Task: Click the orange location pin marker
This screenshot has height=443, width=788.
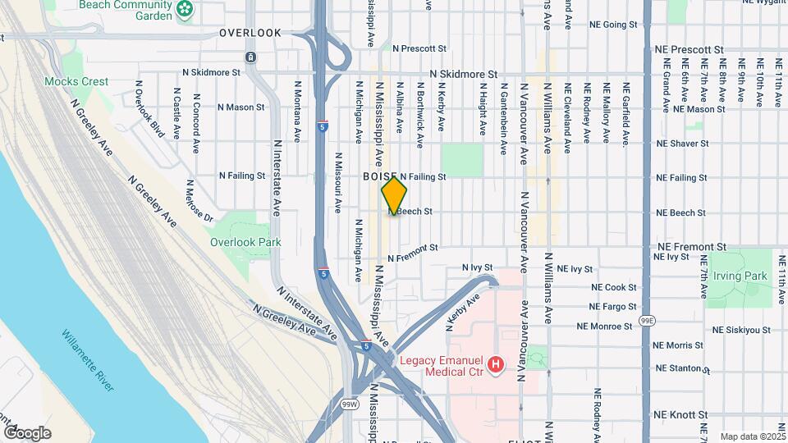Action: click(394, 196)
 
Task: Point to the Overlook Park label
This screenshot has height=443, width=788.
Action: click(245, 242)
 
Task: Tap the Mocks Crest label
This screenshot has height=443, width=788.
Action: click(76, 81)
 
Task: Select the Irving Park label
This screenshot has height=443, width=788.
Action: click(740, 276)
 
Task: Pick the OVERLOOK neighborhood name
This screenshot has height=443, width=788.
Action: click(250, 33)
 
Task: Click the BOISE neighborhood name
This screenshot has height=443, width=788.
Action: click(379, 176)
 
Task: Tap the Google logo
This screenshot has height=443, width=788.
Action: click(27, 432)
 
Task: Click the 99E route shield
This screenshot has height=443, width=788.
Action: click(647, 318)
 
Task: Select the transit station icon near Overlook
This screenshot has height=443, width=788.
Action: click(250, 57)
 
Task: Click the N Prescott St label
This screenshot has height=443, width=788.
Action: click(419, 48)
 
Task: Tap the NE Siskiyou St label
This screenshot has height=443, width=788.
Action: click(741, 330)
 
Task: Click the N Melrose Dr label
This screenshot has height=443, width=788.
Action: click(199, 201)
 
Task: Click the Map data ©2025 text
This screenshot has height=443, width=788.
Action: click(751, 436)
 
